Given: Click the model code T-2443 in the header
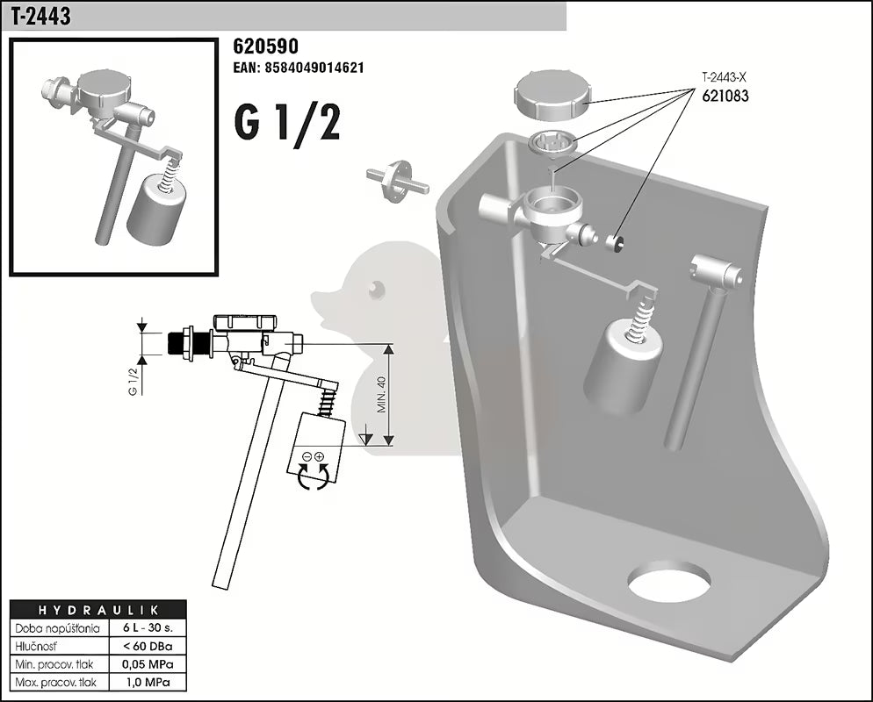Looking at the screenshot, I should coord(41,17).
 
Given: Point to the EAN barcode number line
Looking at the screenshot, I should coord(299,68).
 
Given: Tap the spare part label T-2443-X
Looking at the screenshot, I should coord(724,77).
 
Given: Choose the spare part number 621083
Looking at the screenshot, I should coord(725,97).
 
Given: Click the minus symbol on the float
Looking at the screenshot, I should coord(307,456).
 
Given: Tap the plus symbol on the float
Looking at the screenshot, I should coord(320,456).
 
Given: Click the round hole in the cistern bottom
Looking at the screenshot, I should coord(669,581).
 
